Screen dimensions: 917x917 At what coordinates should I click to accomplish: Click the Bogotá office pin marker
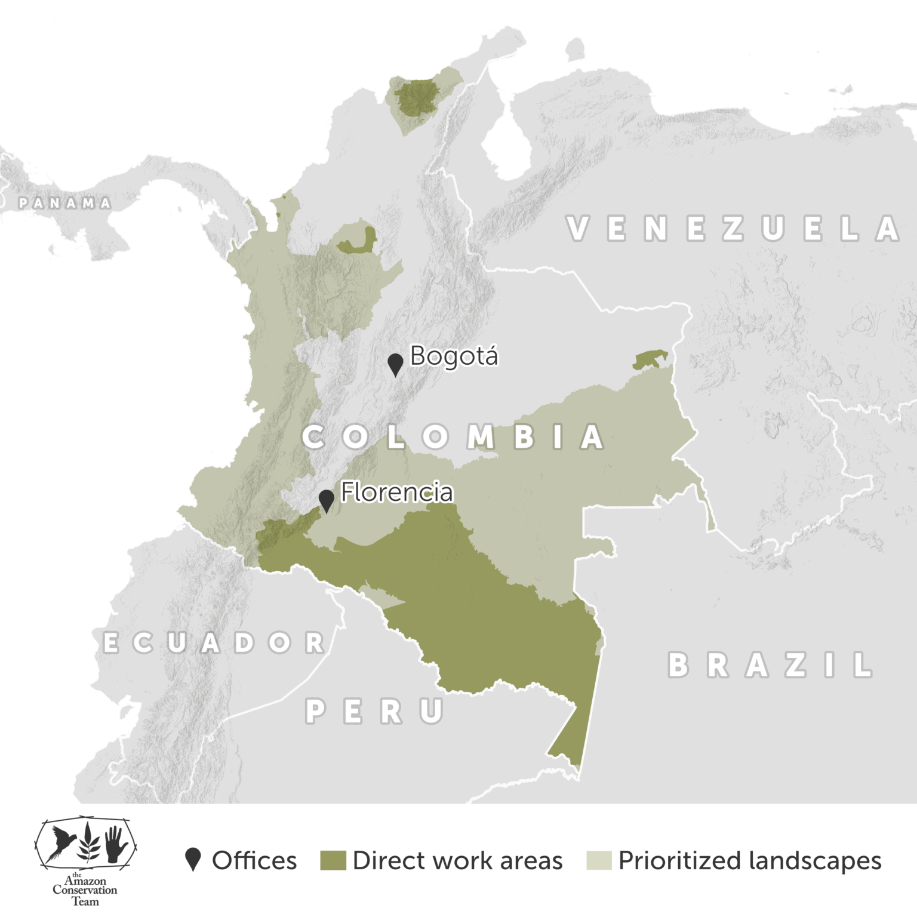[395, 364]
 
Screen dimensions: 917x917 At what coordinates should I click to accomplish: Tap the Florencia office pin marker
[326, 500]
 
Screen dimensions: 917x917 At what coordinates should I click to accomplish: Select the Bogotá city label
[454, 356]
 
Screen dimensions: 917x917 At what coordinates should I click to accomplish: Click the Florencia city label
[397, 493]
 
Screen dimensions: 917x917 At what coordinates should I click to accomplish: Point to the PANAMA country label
[64, 203]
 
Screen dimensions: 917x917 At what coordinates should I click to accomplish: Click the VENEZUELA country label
[733, 229]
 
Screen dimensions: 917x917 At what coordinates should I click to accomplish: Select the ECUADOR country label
[214, 643]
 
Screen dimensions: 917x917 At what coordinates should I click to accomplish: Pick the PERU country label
[374, 711]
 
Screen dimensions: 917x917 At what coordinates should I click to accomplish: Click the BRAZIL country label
[770, 665]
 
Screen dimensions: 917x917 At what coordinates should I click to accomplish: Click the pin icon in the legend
[193, 859]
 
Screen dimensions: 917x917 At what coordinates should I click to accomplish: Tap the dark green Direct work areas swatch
[333, 860]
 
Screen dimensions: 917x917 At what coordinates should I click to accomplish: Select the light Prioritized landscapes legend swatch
[598, 860]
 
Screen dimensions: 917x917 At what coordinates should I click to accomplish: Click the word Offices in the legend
[254, 860]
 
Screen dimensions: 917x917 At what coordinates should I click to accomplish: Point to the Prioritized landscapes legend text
[750, 860]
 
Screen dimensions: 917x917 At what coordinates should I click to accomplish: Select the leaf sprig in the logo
[88, 842]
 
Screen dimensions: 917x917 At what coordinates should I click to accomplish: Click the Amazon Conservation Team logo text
[85, 890]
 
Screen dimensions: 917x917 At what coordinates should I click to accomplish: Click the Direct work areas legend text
[457, 860]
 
